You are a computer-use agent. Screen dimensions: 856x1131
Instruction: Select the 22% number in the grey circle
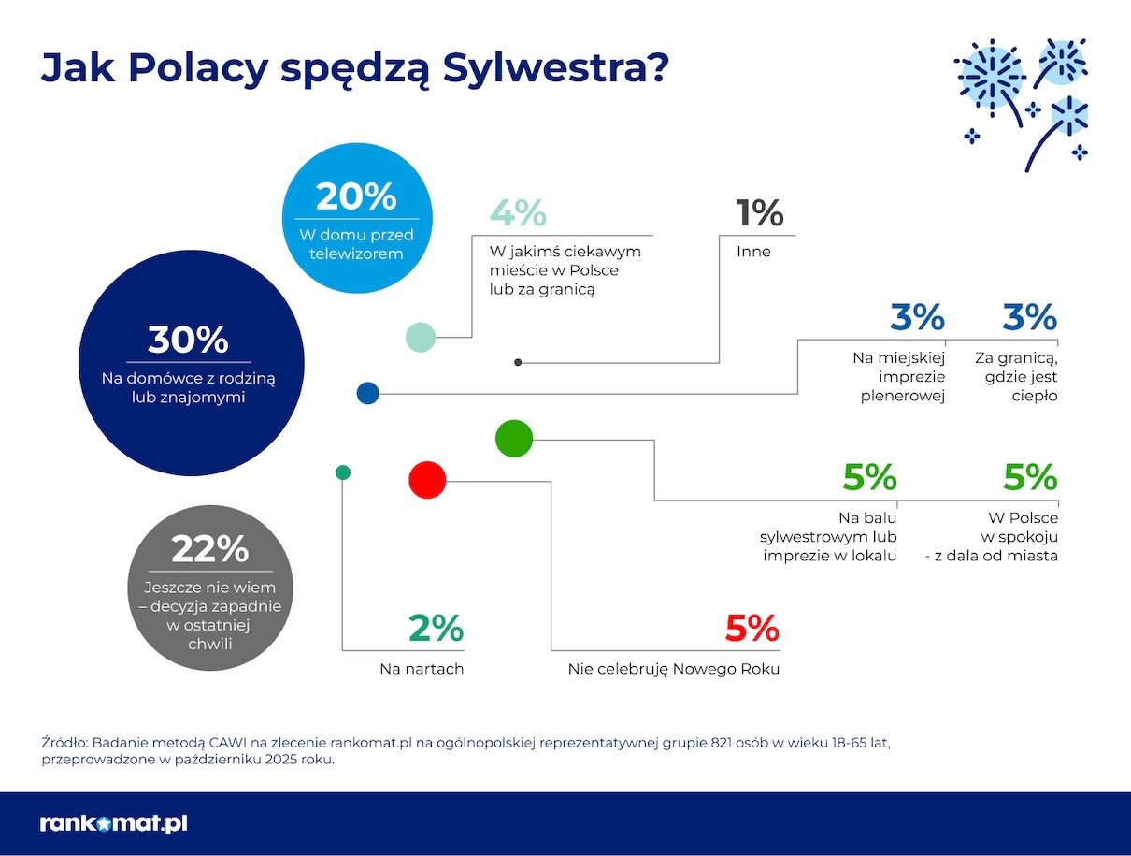(209, 549)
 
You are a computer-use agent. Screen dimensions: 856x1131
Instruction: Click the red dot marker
(428, 480)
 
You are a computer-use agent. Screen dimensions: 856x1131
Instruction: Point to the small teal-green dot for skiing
(343, 472)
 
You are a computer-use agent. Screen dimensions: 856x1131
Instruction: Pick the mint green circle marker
(421, 337)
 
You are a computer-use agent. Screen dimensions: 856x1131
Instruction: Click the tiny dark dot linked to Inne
(518, 362)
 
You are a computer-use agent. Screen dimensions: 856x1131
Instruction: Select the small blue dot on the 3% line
(367, 394)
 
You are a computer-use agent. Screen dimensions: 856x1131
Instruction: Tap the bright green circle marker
(513, 438)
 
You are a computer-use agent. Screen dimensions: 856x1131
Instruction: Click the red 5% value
(752, 629)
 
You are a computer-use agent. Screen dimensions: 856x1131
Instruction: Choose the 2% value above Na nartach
(436, 629)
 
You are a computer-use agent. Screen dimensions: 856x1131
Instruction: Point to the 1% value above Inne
(759, 214)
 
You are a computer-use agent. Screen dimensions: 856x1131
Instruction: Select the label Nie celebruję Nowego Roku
(673, 669)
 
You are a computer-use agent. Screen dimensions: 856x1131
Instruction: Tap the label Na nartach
(422, 669)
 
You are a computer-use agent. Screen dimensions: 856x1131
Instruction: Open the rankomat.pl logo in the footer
(114, 824)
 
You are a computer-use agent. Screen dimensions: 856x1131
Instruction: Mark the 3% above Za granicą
(1029, 318)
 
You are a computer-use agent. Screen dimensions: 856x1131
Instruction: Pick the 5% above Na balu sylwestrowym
(869, 478)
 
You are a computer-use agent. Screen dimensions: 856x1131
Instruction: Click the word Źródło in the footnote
(64, 742)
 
